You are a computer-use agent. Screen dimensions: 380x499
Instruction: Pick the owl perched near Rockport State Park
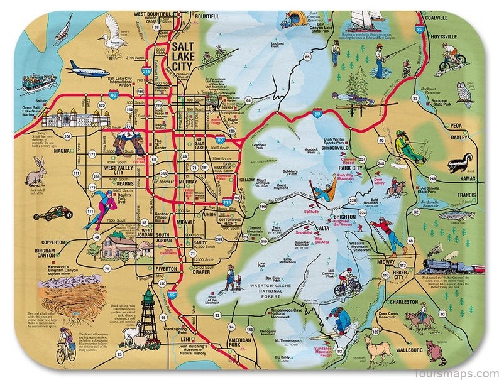465,92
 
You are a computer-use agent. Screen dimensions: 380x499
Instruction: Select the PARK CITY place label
354,168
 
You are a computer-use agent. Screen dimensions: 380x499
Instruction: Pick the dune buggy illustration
48,213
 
